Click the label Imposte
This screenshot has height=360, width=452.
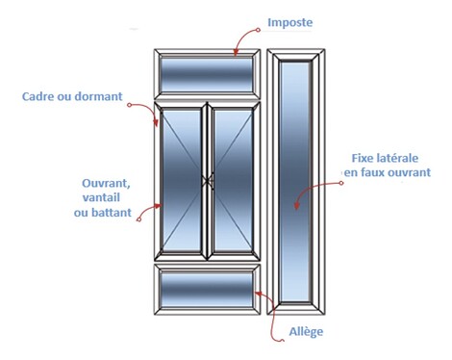point(289,23)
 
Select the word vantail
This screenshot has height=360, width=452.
point(101,197)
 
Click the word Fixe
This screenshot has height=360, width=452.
point(364,158)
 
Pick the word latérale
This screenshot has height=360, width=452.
point(398,158)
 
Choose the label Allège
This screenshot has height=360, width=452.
point(306,332)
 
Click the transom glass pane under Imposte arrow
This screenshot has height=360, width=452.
point(207,75)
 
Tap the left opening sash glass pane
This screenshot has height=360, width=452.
point(182,180)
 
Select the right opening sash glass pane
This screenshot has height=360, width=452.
point(233,180)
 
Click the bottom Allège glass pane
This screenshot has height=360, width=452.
point(207,290)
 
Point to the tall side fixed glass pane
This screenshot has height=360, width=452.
point(295,181)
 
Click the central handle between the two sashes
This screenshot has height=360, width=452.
point(208,181)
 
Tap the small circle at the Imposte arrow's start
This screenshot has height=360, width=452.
point(258,30)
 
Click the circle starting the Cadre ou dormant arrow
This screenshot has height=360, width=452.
point(129,105)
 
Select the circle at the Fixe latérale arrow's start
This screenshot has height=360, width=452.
point(341,183)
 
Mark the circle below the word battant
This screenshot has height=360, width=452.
point(138,219)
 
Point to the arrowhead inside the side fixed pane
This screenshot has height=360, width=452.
point(297,205)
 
